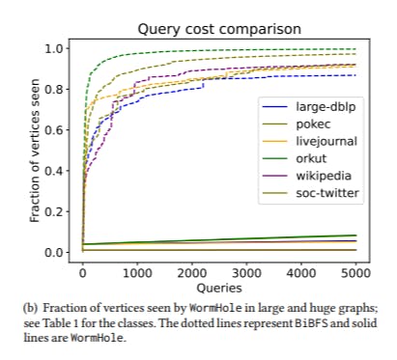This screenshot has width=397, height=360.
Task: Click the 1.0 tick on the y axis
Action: click(56, 48)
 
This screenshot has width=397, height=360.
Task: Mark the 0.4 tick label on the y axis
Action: click(56, 171)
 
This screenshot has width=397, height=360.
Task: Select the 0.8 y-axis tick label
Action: click(56, 90)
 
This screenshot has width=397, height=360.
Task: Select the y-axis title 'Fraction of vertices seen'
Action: click(36, 150)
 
